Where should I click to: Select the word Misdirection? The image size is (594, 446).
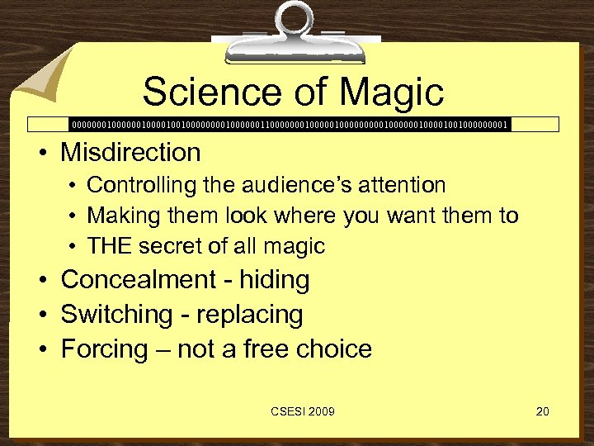pyautogui.click(x=130, y=152)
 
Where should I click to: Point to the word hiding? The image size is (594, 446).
pyautogui.click(x=275, y=280)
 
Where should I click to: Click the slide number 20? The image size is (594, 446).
pyautogui.click(x=542, y=411)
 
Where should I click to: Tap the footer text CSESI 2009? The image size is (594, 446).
pyautogui.click(x=303, y=411)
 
